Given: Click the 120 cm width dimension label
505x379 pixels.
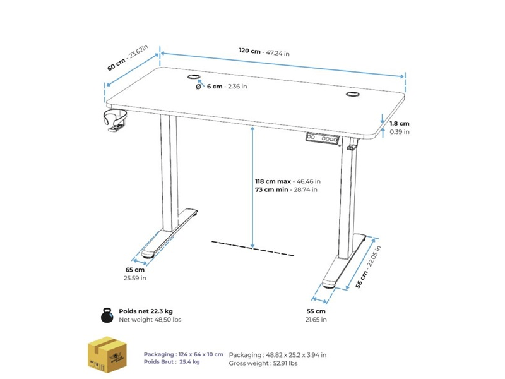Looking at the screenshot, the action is (264, 52).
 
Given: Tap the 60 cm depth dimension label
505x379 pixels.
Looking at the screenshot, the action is (128, 58).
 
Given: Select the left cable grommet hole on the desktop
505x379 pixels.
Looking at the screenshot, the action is (194, 76).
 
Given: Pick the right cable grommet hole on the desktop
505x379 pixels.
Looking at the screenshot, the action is (353, 94).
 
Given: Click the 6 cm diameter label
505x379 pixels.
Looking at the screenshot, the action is (222, 87).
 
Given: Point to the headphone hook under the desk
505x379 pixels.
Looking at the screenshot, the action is (115, 121).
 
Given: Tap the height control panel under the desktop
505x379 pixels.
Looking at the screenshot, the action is (323, 138).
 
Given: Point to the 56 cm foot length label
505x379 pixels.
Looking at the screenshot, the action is (368, 267).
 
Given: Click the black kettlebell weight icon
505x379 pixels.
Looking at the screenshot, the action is (107, 315).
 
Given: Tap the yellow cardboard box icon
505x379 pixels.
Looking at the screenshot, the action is (107, 354).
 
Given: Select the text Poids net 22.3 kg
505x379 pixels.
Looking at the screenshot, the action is (146, 311).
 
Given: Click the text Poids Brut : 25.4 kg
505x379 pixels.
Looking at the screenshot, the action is (172, 362).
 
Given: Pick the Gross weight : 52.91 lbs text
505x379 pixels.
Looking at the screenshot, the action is (263, 364).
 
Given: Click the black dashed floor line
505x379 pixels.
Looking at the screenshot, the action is (253, 248).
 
